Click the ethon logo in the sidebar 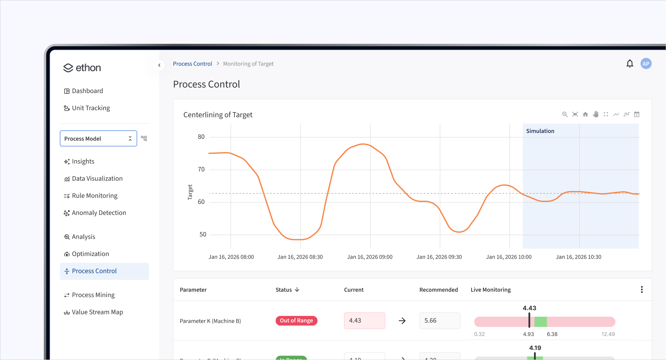coord(82,68)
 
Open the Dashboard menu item coord(87,91)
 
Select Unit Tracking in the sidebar coord(91,108)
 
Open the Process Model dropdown coord(98,138)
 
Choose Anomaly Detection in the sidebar coord(99,213)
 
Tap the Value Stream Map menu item coord(97,312)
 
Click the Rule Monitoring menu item coord(94,196)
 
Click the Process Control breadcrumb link coord(192,64)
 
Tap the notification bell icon coord(629,64)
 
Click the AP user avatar coord(646,64)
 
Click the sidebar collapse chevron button coord(159,65)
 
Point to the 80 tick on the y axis coord(201,137)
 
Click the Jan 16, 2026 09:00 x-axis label coord(369,257)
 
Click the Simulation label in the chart coord(540,131)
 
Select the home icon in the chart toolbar coord(585,114)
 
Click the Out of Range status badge coord(296,320)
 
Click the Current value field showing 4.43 coord(364,320)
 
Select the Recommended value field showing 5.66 coord(439,320)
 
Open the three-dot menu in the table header coord(642,289)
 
